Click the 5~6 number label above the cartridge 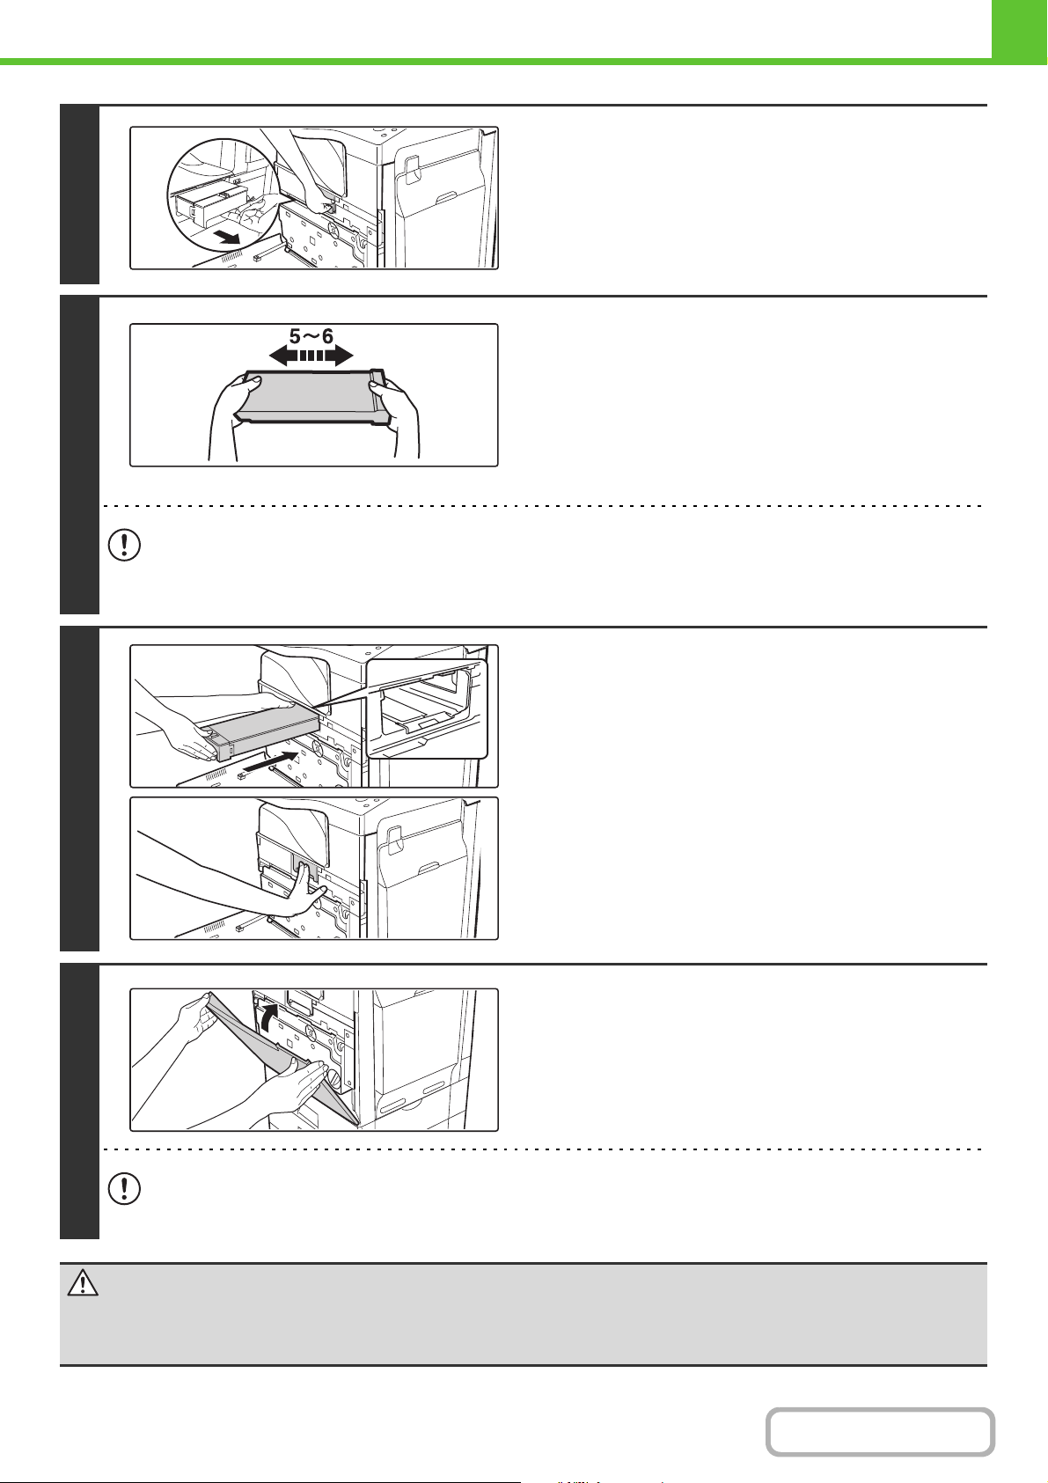[311, 335]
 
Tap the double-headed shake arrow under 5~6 [311, 356]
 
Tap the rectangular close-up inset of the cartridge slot [427, 708]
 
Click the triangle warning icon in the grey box [83, 1282]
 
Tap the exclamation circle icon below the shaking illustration [124, 546]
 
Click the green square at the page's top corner [1020, 32]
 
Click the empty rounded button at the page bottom [880, 1432]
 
